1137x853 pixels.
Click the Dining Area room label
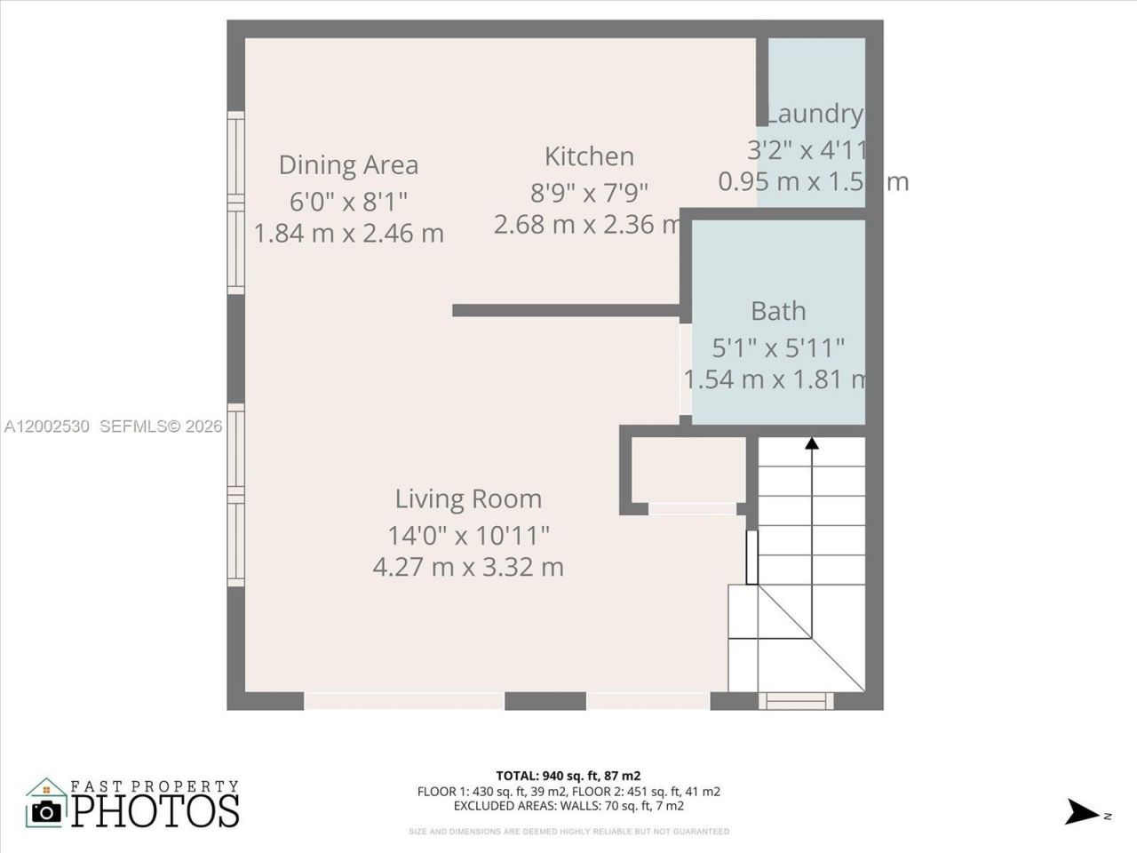tap(348, 165)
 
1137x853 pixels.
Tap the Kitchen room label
tap(589, 156)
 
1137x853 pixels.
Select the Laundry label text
tap(814, 114)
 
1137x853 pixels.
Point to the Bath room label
tap(778, 311)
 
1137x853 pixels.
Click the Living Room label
tap(468, 499)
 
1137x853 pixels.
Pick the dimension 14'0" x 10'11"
tap(468, 536)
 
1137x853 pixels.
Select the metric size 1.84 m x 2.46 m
tap(348, 234)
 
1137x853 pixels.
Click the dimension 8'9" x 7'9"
tap(589, 191)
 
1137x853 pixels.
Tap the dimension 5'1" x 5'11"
tap(778, 347)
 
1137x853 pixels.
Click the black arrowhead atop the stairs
tap(811, 442)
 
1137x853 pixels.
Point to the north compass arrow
tap(1083, 812)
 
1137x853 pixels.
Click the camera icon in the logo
tap(46, 810)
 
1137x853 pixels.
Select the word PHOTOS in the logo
tap(155, 810)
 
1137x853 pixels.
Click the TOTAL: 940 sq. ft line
tap(568, 776)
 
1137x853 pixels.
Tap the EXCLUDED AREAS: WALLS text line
tap(568, 806)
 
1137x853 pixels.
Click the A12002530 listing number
tap(46, 426)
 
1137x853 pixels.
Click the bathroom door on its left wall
tap(685, 370)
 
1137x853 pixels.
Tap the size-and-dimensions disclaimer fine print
tap(568, 832)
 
